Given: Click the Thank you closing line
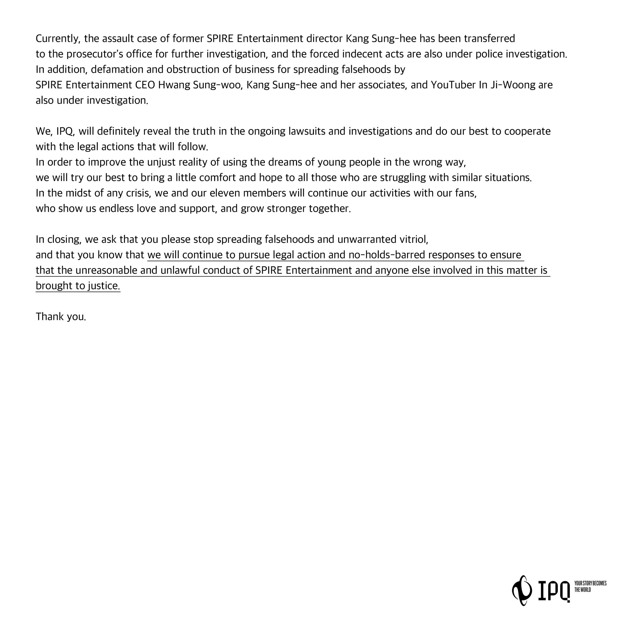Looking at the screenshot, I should (x=61, y=317).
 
